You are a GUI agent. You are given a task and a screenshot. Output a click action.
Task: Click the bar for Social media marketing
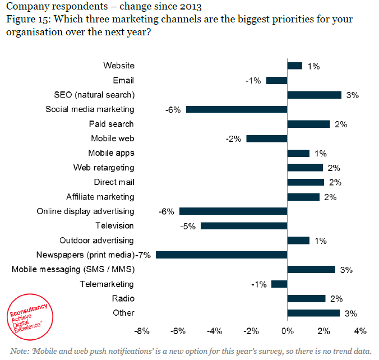pos(236,109)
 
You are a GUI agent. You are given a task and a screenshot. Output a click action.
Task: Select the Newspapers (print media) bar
pos(221,255)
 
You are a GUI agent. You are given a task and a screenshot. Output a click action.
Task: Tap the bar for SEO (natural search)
pos(314,95)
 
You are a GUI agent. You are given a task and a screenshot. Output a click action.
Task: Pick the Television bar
pos(243,225)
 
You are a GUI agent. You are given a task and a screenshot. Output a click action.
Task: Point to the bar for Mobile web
pos(266,139)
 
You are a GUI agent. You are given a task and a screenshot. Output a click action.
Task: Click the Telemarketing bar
pos(279,284)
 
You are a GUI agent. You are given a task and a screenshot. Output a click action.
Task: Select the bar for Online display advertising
pos(233,211)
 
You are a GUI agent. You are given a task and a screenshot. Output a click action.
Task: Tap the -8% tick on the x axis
pos(142,331)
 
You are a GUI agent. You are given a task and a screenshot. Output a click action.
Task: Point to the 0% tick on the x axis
pos(287,331)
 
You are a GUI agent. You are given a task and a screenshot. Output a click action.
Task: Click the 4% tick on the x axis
pos(359,331)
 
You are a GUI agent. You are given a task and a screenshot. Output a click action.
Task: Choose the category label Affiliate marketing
pos(100,197)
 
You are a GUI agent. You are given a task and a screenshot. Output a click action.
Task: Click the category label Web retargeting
pos(104,168)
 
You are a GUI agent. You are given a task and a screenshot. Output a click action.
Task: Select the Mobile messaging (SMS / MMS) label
pos(73,269)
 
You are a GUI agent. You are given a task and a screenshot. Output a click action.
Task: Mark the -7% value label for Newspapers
pos(145,255)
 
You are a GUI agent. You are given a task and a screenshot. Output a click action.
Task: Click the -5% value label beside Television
pos(187,226)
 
